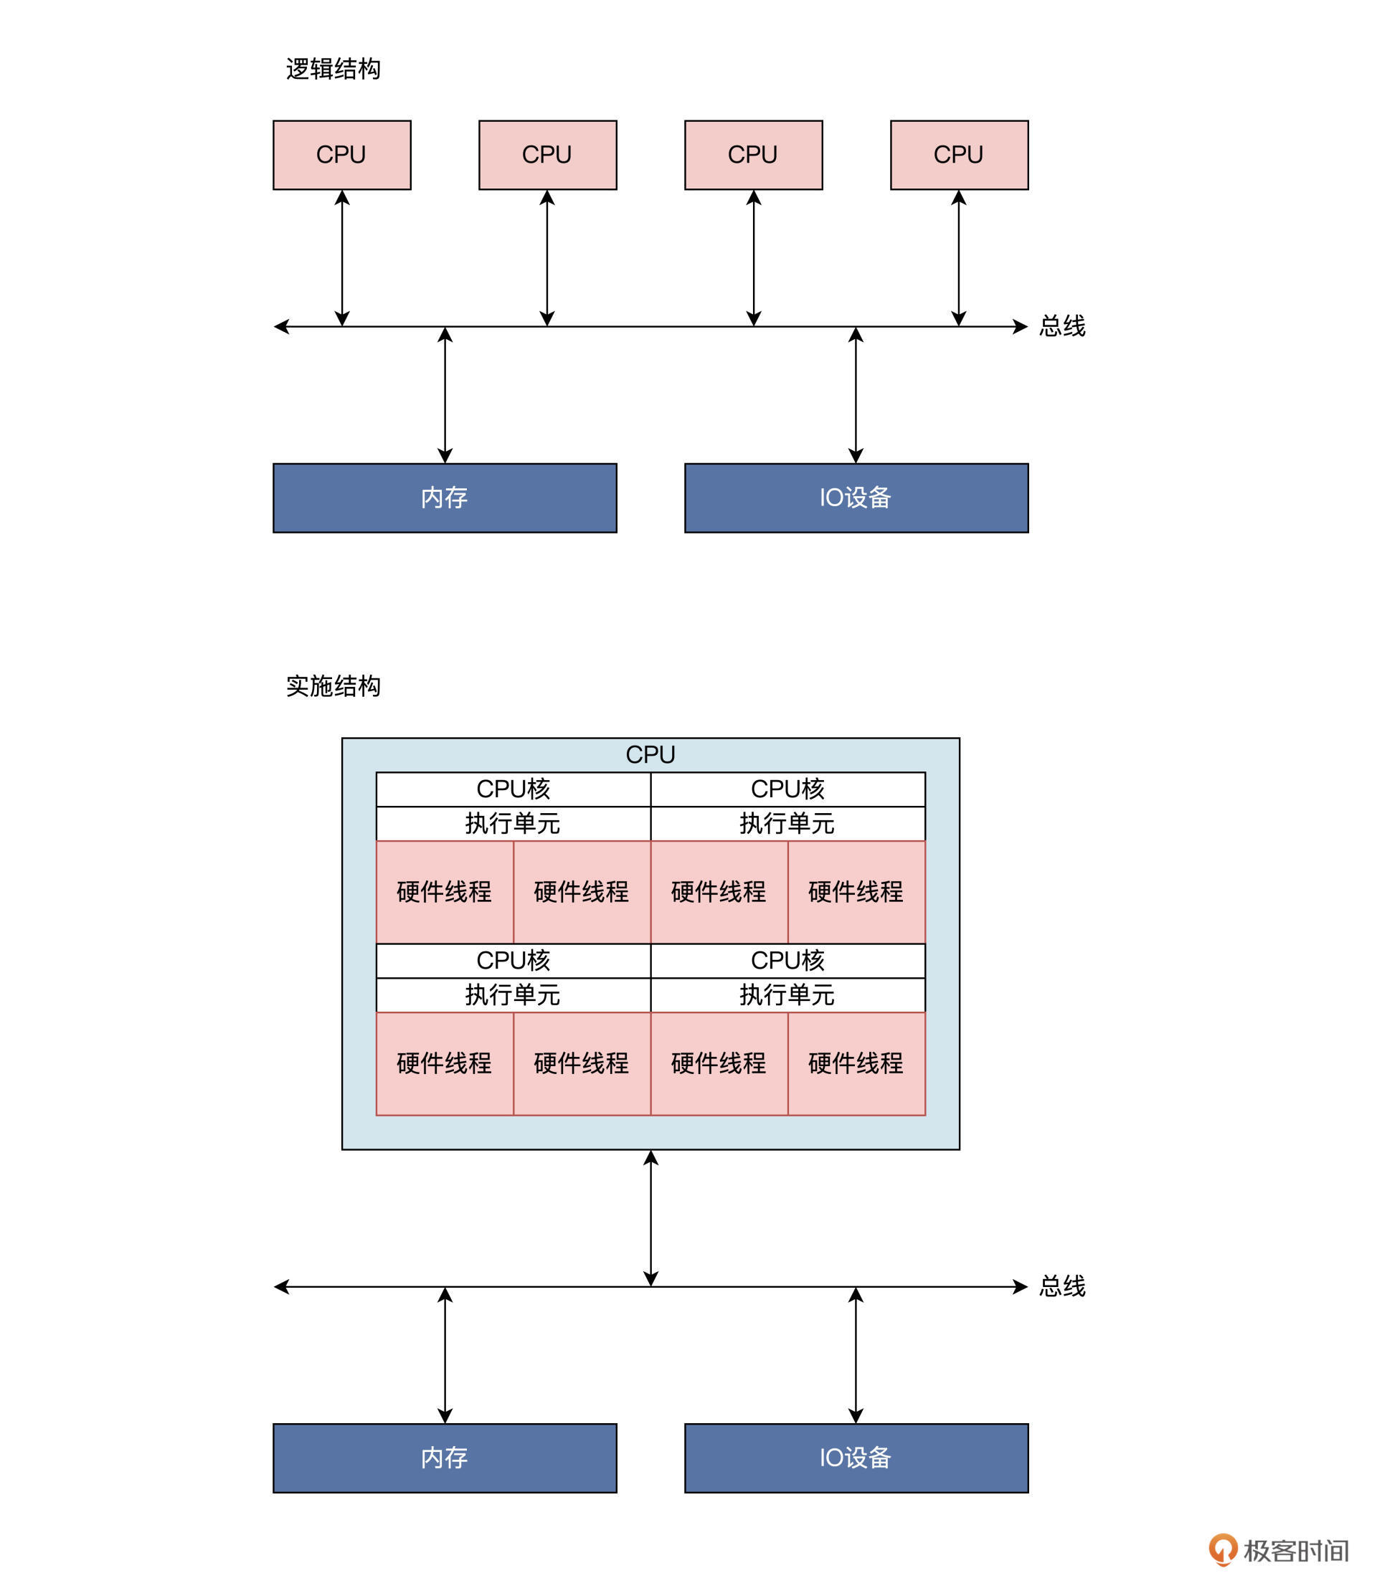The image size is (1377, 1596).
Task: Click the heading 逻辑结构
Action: (333, 70)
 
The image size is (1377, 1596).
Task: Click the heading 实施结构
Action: (333, 685)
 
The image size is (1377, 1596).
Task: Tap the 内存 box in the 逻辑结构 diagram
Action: (445, 498)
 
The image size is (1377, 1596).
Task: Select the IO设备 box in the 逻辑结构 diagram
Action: (856, 498)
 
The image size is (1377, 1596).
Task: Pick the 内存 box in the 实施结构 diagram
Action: (445, 1458)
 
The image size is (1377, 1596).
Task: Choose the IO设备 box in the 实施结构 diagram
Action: (856, 1458)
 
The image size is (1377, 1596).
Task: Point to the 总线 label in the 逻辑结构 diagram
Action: (1062, 326)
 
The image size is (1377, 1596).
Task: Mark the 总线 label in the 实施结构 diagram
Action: (1062, 1286)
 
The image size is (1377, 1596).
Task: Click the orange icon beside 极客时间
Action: (1222, 1550)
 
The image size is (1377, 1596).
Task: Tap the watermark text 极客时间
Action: (1296, 1551)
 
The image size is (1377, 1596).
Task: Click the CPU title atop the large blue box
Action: (650, 755)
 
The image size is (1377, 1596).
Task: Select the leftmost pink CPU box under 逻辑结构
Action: (342, 155)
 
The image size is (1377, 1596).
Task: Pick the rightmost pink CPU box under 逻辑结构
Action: (960, 155)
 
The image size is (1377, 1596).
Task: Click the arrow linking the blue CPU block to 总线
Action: (650, 1217)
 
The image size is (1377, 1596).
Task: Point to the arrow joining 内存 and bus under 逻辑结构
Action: (445, 394)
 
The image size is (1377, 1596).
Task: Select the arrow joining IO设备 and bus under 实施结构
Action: (856, 1354)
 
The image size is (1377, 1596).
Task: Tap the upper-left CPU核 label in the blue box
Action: (514, 789)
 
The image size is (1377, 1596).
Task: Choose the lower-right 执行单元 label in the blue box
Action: (787, 994)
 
